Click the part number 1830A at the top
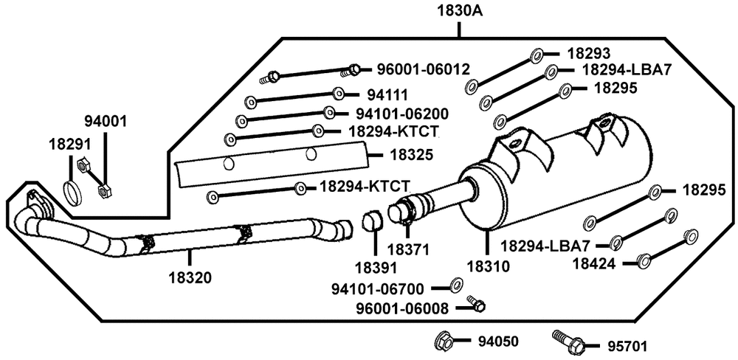click(x=459, y=12)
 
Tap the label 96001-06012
click(x=418, y=70)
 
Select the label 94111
click(x=387, y=94)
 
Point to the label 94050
click(x=498, y=342)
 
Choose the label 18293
click(x=588, y=53)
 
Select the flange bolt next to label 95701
click(x=568, y=341)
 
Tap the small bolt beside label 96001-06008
click(x=475, y=305)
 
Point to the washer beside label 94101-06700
click(x=457, y=285)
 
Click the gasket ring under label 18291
click(x=72, y=193)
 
